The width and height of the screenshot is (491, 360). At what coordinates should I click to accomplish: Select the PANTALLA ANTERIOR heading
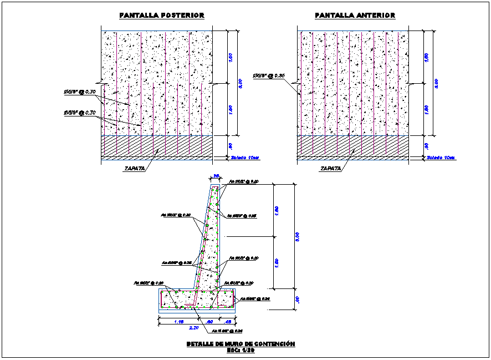(x=355, y=16)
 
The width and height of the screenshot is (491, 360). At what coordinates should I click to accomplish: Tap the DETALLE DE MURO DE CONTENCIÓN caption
(x=241, y=344)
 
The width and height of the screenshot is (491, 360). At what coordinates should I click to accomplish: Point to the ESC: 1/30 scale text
(x=240, y=351)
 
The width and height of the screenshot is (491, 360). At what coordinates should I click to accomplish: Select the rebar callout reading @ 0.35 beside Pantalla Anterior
(x=268, y=76)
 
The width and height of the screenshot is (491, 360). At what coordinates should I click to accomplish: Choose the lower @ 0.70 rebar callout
(x=80, y=113)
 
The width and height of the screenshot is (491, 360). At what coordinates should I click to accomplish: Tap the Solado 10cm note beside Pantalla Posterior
(x=245, y=158)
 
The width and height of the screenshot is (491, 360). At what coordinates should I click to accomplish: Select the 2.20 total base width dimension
(x=195, y=328)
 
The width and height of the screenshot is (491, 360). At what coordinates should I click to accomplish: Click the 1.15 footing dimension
(x=178, y=321)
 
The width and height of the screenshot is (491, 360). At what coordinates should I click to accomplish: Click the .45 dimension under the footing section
(x=228, y=321)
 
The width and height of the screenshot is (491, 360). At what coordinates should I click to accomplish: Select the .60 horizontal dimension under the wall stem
(x=209, y=321)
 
